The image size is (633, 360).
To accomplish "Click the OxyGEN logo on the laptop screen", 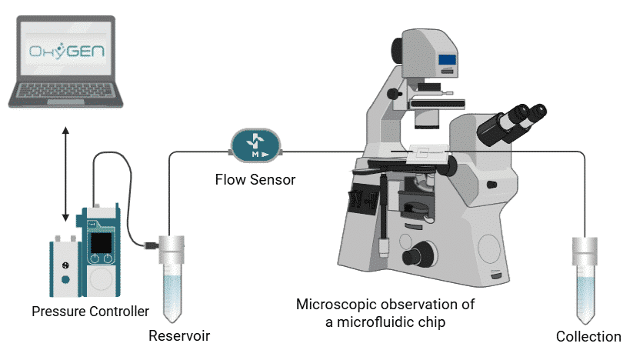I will [x=65, y=53].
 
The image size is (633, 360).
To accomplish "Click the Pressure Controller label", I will [x=91, y=312].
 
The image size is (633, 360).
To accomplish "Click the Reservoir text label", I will [x=178, y=336].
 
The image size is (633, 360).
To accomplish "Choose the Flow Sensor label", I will [x=255, y=181].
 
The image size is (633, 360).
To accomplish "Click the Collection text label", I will [x=588, y=336].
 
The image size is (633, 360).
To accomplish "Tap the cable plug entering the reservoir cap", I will [x=151, y=245].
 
